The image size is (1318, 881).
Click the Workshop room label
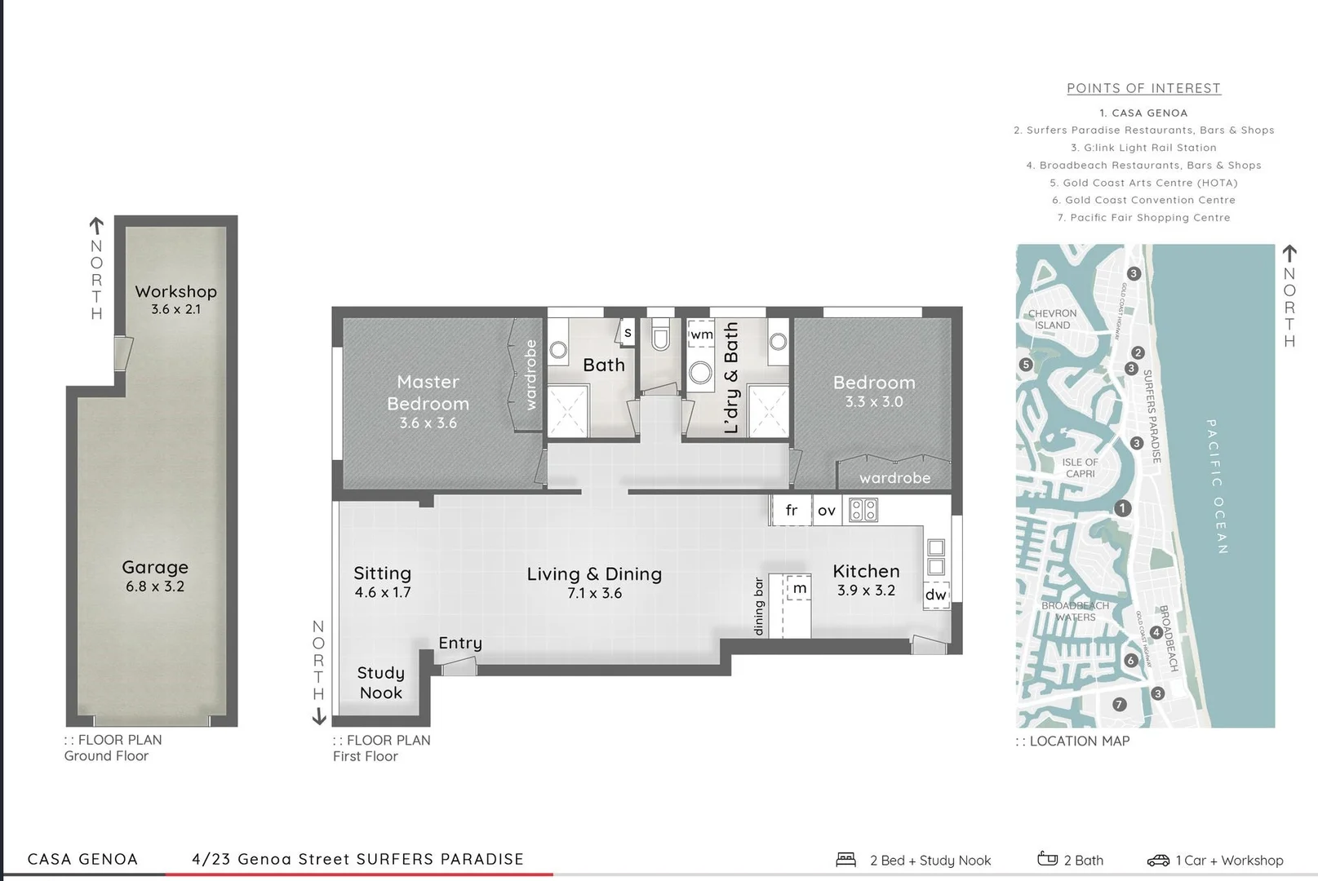175,291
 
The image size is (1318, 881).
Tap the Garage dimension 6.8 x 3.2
155,587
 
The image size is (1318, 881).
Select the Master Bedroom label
428,392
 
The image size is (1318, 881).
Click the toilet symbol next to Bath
660,337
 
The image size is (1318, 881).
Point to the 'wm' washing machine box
701,334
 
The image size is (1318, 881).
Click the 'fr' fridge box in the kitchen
791,511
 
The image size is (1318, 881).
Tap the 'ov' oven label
826,511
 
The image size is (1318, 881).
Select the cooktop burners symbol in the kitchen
863,511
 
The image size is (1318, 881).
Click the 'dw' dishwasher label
936,594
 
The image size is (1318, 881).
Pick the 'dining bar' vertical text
758,606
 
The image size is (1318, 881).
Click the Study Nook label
380,683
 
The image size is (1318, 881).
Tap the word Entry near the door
460,643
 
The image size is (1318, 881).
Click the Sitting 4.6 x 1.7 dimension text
383,593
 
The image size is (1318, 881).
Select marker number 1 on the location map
1122,508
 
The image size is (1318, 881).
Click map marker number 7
1119,704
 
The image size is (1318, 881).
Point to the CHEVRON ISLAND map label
1052,319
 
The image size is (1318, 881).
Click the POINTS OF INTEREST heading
1143,88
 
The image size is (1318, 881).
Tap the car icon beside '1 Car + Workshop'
1157,860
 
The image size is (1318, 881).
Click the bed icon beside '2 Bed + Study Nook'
845,859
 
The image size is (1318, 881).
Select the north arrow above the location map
1289,253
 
